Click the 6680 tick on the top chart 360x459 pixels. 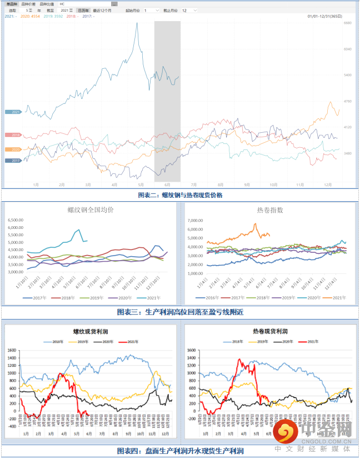point(348,23)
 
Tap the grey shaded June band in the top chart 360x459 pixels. point(167,100)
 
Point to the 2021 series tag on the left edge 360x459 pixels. point(13,112)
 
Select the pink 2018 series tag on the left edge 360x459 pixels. point(13,135)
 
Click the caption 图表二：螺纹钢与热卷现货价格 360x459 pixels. point(180,195)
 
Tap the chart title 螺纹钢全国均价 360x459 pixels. point(91,210)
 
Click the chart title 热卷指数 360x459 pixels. point(270,210)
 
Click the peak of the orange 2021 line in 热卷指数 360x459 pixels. point(255,224)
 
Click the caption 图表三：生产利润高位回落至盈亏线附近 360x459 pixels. point(180,312)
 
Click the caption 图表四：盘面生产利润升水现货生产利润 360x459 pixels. point(180,451)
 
